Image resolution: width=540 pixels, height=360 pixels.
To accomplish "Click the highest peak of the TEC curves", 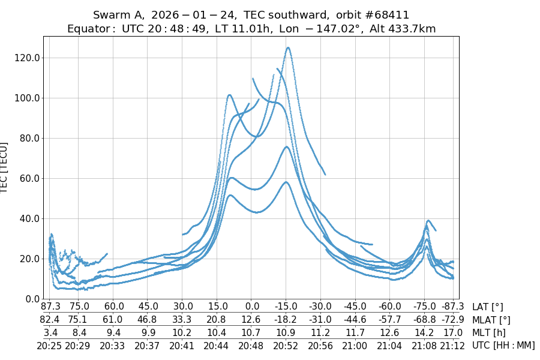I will click(288, 47).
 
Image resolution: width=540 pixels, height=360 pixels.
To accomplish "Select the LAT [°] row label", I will click(488, 307).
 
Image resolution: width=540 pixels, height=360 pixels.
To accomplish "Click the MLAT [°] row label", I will click(491, 320).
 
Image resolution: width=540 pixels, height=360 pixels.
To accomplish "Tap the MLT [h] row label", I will click(489, 332).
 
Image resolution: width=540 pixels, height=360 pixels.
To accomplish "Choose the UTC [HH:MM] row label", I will click(503, 345).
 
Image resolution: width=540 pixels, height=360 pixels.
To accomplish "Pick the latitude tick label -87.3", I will click(452, 307).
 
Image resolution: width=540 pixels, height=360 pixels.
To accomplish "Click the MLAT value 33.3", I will click(182, 320).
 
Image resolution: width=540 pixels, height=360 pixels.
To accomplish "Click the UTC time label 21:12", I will click(452, 345).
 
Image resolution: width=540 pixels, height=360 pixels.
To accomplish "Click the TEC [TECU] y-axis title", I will click(5, 168).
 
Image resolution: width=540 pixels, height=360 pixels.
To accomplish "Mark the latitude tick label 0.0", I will click(251, 307).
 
